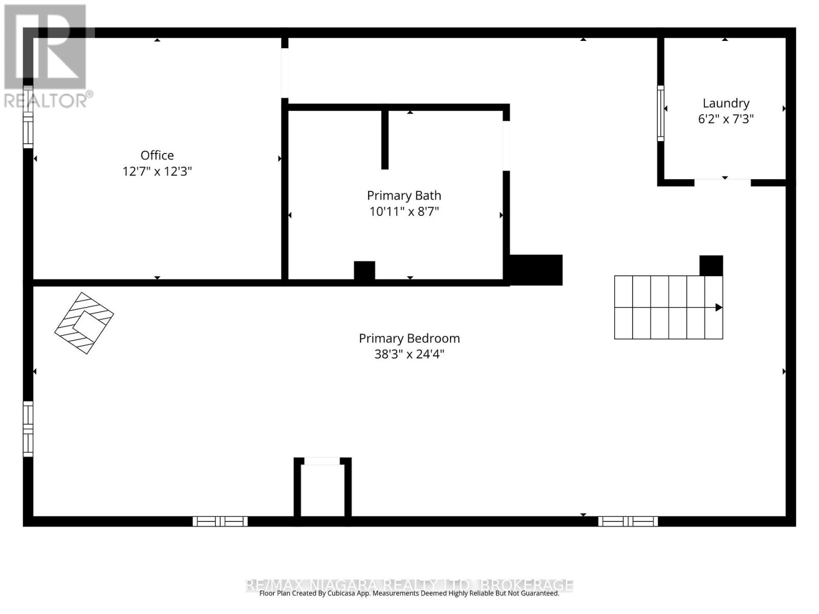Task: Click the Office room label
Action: pyautogui.click(x=157, y=155)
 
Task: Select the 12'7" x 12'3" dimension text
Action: pyautogui.click(x=157, y=171)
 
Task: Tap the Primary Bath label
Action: pyautogui.click(x=404, y=195)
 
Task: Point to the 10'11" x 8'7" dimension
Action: pyautogui.click(x=404, y=211)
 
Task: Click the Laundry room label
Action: pyautogui.click(x=726, y=103)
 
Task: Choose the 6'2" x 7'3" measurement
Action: pyautogui.click(x=726, y=119)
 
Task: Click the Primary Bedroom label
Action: pyautogui.click(x=409, y=338)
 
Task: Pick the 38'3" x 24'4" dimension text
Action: pyautogui.click(x=409, y=354)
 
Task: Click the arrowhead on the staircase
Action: pyautogui.click(x=719, y=308)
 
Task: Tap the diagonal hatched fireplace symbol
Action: pyautogui.click(x=84, y=323)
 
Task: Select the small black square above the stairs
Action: pyautogui.click(x=711, y=266)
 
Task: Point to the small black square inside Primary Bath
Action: pyautogui.click(x=364, y=270)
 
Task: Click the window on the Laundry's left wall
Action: pyautogui.click(x=661, y=113)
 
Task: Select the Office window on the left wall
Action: pyautogui.click(x=28, y=118)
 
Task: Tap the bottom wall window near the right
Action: pyautogui.click(x=628, y=521)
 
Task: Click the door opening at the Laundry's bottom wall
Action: pyautogui.click(x=722, y=182)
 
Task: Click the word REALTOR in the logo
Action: pyautogui.click(x=46, y=100)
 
